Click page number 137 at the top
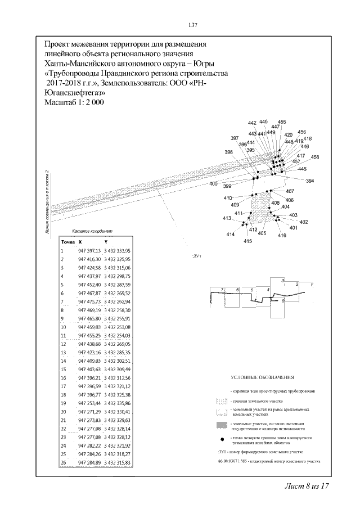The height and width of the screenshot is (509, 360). point(192,25)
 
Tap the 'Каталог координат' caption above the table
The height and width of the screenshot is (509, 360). point(93,231)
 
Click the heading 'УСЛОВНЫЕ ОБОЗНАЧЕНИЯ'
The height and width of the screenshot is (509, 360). point(263,377)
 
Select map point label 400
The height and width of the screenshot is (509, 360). point(213,184)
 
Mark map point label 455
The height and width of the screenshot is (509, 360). point(282,121)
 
